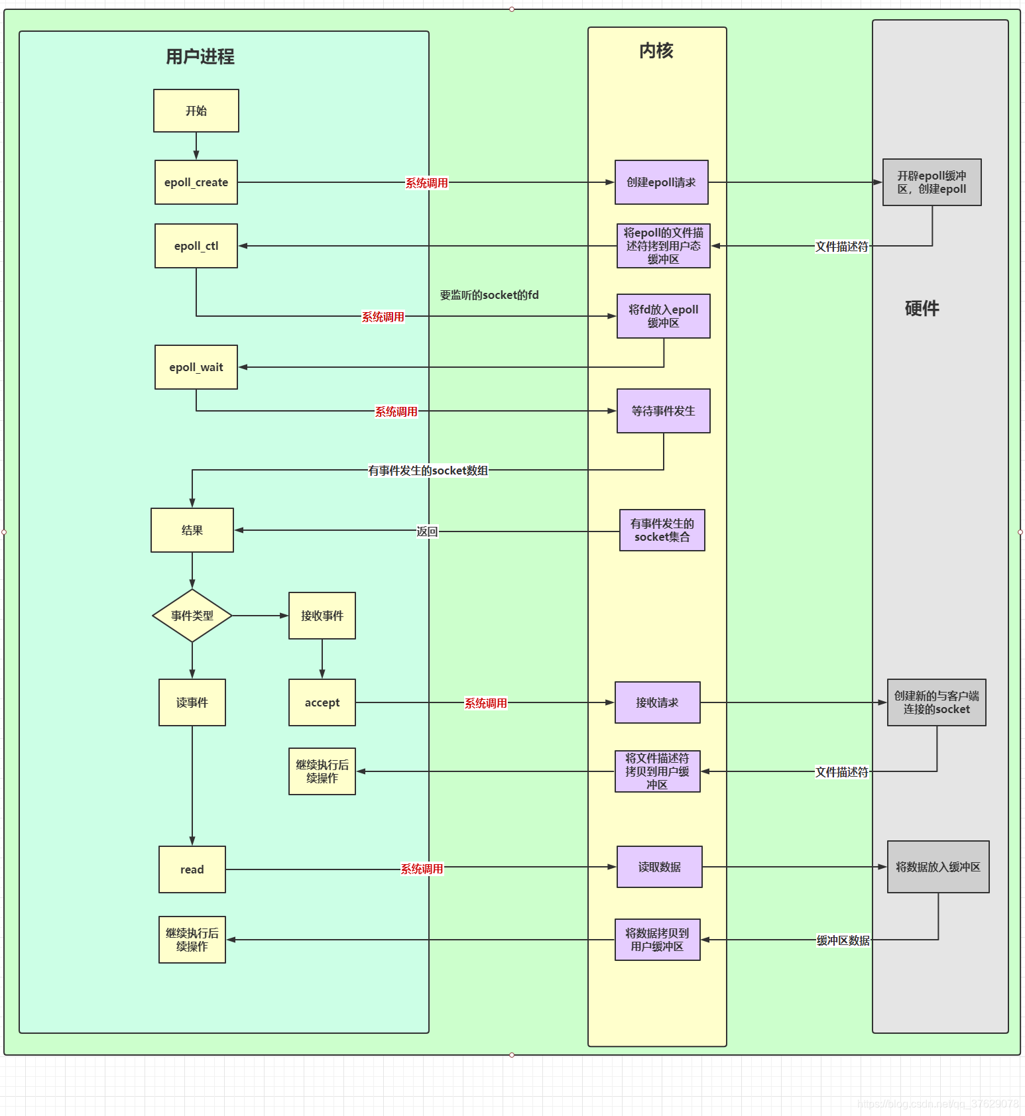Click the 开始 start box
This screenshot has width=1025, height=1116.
point(196,111)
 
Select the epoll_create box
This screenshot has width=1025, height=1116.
point(196,182)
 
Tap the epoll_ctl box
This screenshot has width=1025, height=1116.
point(196,246)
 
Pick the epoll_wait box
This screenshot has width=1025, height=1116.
point(196,367)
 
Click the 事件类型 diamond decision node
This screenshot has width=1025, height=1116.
point(192,616)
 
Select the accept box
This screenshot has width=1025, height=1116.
point(322,702)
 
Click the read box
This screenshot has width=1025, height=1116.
point(192,869)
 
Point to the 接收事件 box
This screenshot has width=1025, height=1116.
point(322,616)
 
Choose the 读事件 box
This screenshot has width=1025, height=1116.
point(192,702)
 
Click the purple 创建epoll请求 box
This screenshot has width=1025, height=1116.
point(661,182)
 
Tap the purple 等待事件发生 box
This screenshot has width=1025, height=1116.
point(663,411)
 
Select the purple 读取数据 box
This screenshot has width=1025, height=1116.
point(659,867)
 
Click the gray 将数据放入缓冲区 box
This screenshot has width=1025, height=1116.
point(937,867)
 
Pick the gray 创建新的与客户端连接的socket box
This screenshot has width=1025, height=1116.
point(936,702)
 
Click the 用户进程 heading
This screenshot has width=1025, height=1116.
point(200,57)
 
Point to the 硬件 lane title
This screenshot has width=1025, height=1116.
point(922,308)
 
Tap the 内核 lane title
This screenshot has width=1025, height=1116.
point(656,51)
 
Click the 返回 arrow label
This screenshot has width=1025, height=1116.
point(427,531)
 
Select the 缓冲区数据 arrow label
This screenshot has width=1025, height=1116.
point(843,940)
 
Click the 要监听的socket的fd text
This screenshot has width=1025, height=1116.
point(489,295)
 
